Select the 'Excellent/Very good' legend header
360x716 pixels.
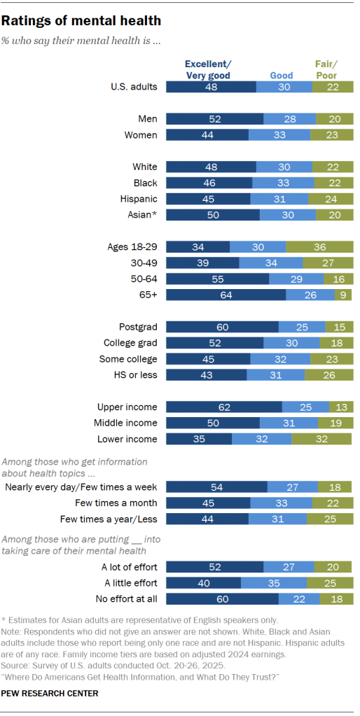207,70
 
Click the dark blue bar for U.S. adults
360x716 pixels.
211,87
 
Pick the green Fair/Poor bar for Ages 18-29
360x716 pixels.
319,247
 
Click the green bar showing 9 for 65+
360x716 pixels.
345,295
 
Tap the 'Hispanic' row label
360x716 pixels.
139,199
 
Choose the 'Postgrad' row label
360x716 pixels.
138,327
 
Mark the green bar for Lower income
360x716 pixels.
322,439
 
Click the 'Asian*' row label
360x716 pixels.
141,215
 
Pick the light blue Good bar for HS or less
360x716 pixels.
275,375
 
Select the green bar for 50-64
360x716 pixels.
338,279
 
